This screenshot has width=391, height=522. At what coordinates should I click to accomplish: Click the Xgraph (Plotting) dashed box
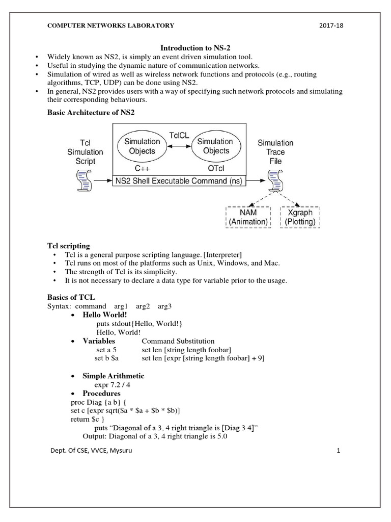tap(299, 217)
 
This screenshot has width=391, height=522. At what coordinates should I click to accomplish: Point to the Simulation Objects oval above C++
tap(142, 146)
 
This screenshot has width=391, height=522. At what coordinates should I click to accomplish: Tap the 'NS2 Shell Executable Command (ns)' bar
tap(179, 180)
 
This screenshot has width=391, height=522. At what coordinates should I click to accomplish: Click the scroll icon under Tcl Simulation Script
tap(85, 180)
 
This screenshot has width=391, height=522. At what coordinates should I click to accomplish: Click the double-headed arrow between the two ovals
tap(179, 146)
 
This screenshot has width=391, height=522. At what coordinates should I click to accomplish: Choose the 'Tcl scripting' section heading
tap(69, 245)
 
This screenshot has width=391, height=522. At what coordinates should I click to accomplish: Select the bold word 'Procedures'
tap(102, 394)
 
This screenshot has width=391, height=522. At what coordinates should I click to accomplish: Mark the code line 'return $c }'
tap(88, 419)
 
